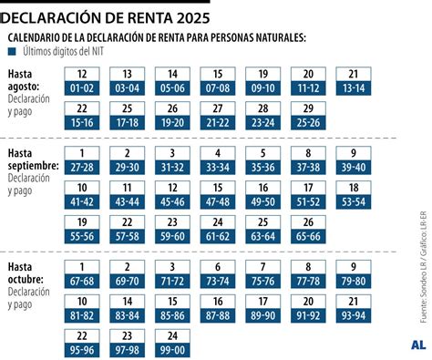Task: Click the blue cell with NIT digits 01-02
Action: click(84, 88)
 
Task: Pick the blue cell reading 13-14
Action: click(355, 88)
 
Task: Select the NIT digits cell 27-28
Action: click(84, 168)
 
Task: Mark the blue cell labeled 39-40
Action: click(355, 168)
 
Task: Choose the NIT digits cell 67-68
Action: click(84, 280)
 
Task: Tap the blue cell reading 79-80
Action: click(355, 280)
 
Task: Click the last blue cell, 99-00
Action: click(174, 349)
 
